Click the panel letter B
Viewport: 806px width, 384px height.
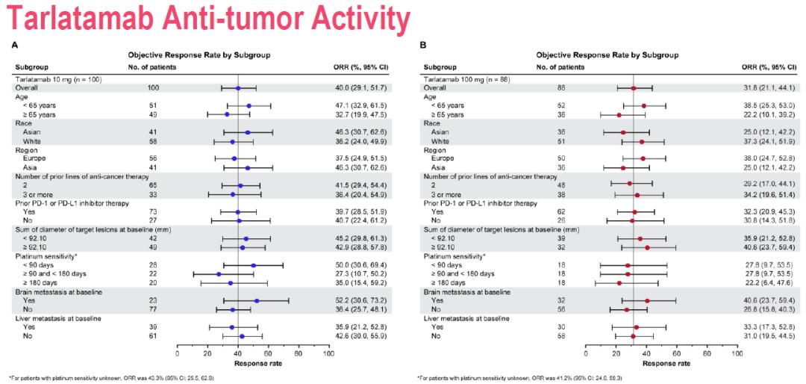(423, 46)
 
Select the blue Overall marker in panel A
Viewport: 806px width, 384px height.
(238, 88)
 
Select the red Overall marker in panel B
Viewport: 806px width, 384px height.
(634, 88)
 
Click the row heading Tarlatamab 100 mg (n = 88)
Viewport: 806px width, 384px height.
(468, 78)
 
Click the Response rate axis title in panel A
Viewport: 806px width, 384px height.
(252, 363)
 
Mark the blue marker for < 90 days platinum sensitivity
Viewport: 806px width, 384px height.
(253, 265)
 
